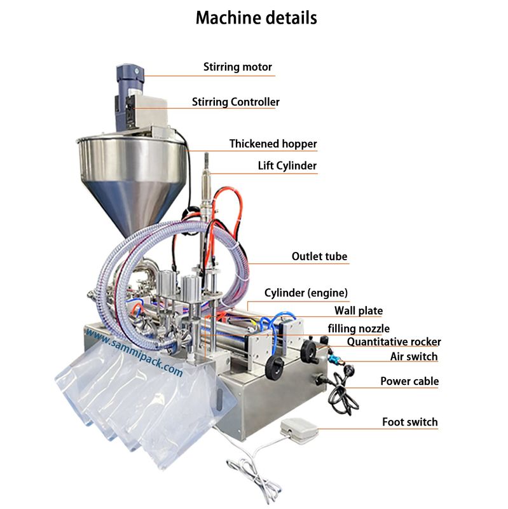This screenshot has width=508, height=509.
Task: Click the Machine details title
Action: click(256, 18)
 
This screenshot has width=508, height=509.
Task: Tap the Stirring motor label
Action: click(237, 67)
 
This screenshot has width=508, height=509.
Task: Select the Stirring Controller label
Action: click(235, 102)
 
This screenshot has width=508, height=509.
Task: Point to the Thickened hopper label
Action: click(273, 144)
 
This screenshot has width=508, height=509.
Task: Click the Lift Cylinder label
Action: click(287, 166)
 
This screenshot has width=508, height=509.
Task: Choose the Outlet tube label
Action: click(319, 256)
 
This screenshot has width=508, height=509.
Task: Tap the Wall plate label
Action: click(359, 310)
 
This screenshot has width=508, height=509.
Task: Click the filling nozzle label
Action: click(354, 328)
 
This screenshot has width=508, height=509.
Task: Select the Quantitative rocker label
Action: click(394, 342)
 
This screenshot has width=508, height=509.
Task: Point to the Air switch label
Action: click(414, 357)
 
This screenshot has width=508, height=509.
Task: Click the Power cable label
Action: click(409, 381)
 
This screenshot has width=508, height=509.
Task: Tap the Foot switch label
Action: click(409, 422)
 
